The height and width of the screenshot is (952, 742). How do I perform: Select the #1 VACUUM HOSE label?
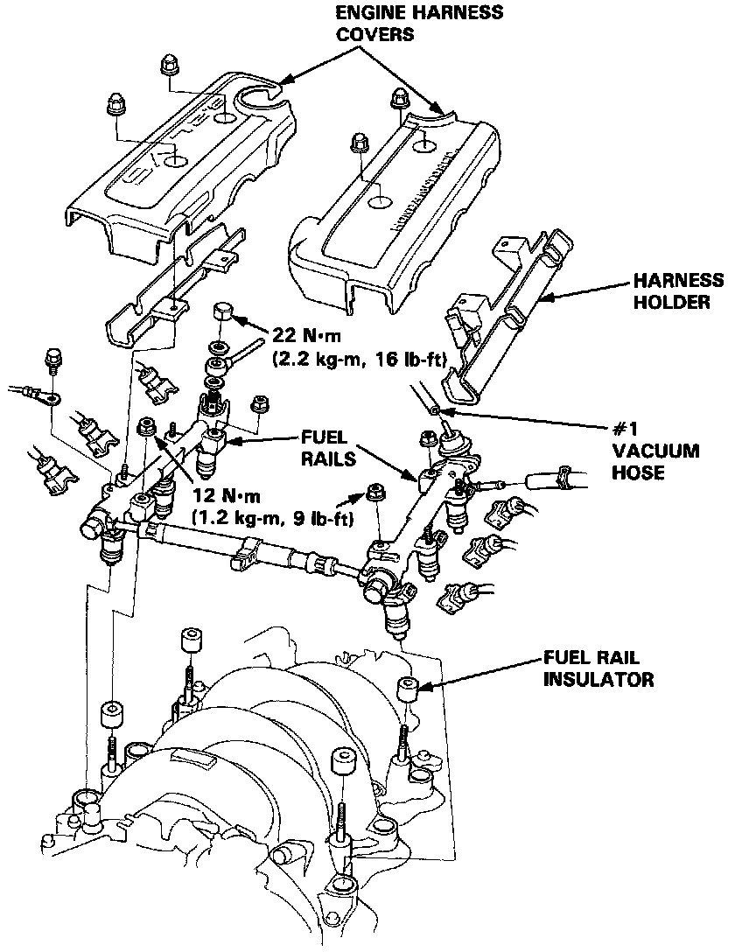point(655,451)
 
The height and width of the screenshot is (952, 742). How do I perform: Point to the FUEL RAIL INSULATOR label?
point(598,668)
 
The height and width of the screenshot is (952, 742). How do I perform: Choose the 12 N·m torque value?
point(226,496)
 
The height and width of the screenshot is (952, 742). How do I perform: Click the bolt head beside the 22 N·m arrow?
point(221,311)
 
